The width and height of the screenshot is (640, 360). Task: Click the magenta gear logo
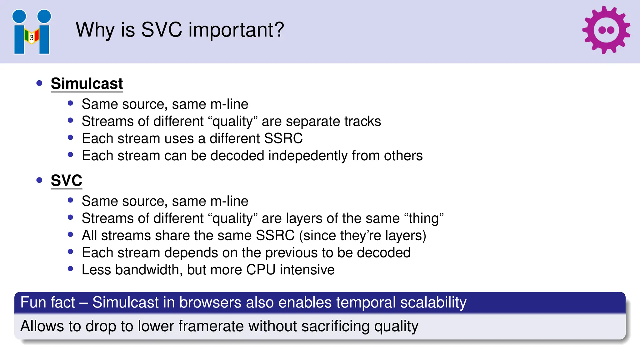tap(606, 30)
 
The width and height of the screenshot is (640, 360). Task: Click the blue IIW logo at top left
tap(32, 32)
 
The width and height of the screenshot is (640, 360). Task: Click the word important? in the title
tap(236, 30)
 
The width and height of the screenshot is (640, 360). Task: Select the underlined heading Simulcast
tap(87, 84)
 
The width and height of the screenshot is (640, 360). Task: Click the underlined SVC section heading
tap(67, 181)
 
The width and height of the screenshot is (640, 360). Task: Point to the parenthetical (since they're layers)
tap(362, 235)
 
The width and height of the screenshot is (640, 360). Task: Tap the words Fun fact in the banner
tap(47, 302)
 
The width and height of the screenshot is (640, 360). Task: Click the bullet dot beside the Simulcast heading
tap(39, 83)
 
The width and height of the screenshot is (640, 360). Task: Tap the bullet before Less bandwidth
tap(70, 269)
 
